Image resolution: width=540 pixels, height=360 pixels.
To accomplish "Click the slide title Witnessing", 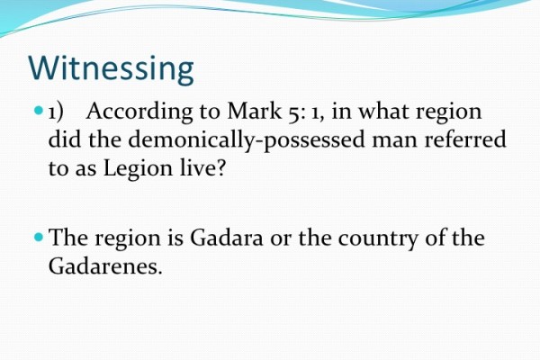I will point(111,68).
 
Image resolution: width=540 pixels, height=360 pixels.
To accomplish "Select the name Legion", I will point(142,168).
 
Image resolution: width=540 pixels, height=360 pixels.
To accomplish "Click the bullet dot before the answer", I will point(37,238).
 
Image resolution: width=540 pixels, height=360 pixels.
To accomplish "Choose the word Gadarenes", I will point(104,267).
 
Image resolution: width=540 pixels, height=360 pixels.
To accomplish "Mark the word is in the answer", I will point(171,239).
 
